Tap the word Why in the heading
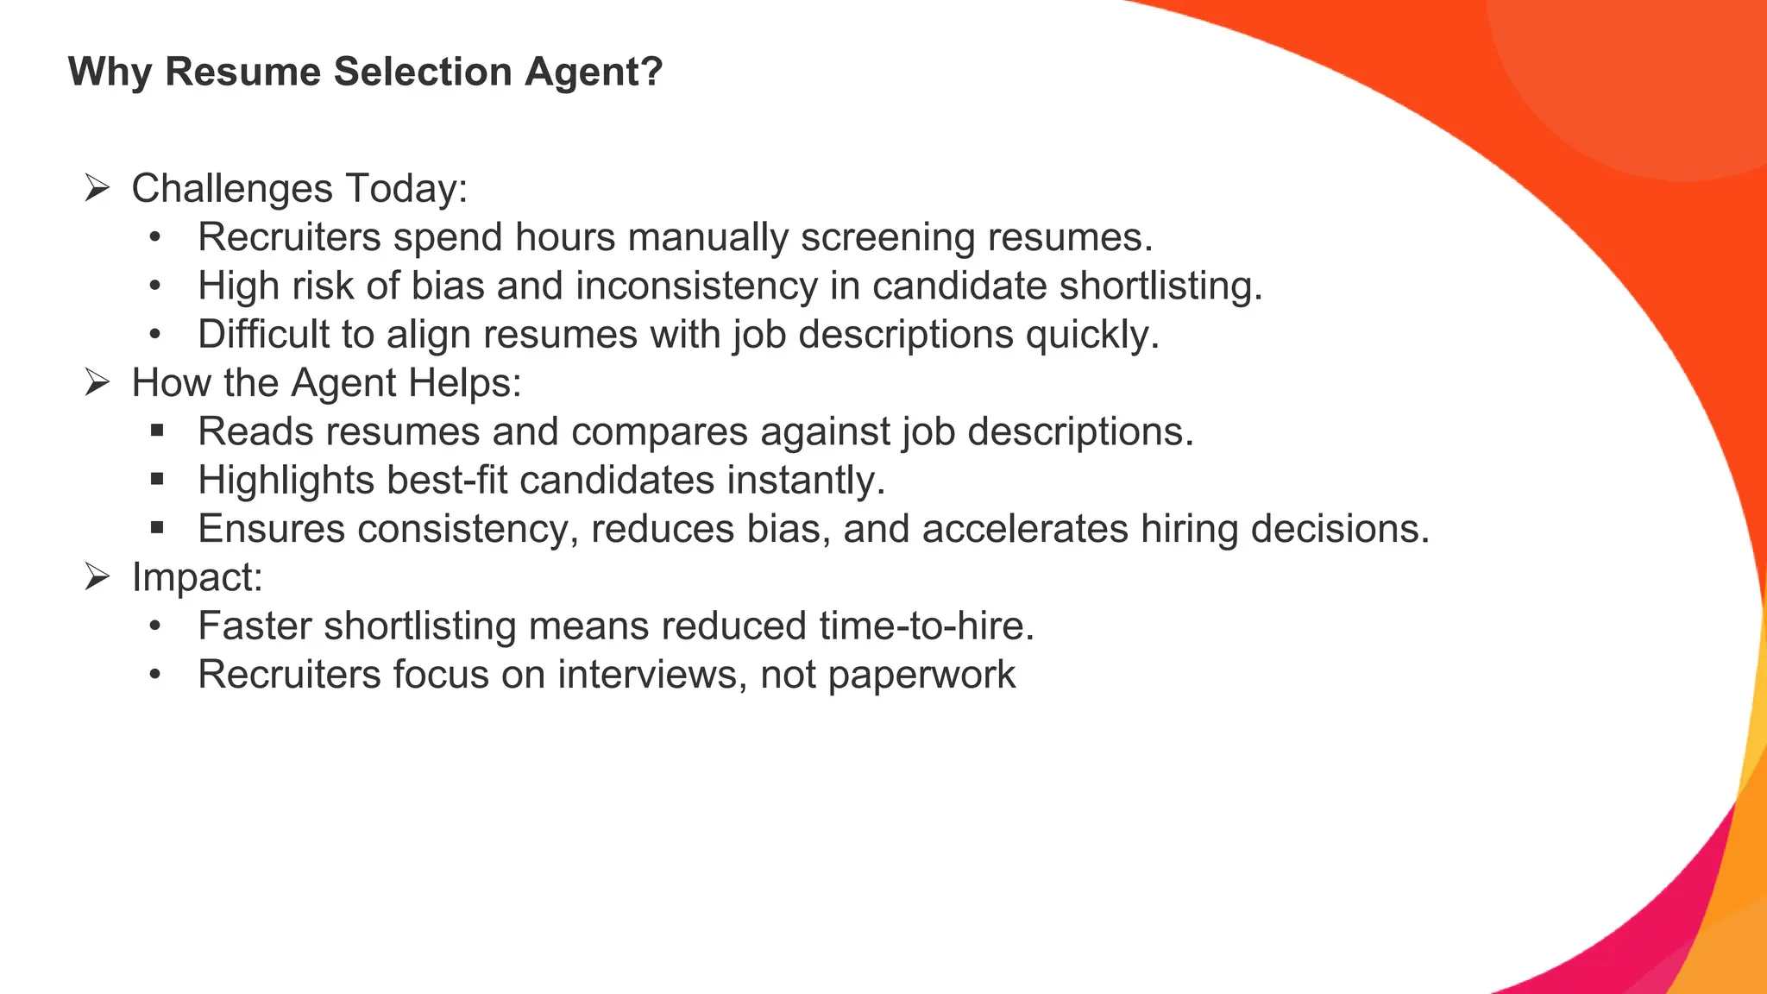(x=110, y=72)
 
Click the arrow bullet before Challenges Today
(x=97, y=188)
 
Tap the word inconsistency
(x=696, y=286)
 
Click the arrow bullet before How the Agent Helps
(x=97, y=382)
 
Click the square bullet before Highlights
(x=156, y=479)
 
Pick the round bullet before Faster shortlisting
(x=155, y=626)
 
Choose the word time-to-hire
(x=926, y=626)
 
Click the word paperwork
(x=921, y=676)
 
